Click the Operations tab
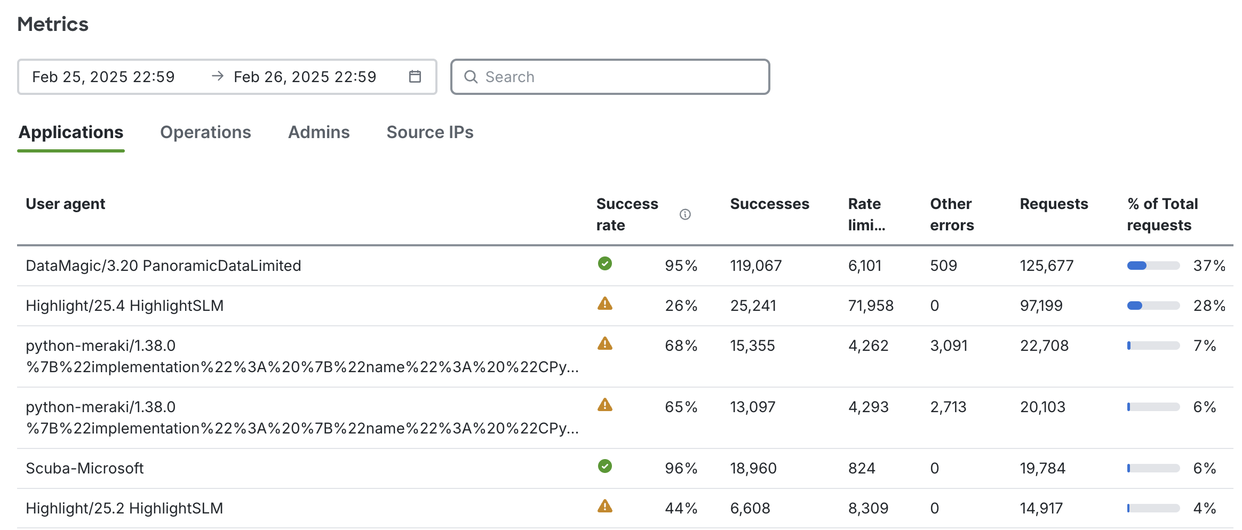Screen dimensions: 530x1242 click(x=205, y=132)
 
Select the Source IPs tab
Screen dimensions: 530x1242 click(x=429, y=132)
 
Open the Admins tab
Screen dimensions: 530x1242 click(x=319, y=132)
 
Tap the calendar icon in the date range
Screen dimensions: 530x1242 click(x=415, y=77)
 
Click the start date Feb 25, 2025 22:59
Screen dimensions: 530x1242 click(x=103, y=77)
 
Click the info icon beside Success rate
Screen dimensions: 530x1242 click(x=685, y=214)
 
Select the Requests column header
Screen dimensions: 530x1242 click(x=1054, y=204)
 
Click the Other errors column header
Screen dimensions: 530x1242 click(x=952, y=214)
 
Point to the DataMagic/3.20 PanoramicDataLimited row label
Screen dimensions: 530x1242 click(x=163, y=266)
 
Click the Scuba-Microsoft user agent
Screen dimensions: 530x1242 click(x=85, y=468)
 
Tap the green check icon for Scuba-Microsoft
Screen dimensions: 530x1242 click(x=604, y=467)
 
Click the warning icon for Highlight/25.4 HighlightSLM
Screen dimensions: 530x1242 click(x=604, y=304)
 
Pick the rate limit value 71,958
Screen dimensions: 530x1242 click(x=871, y=306)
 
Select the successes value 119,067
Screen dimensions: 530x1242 click(x=755, y=266)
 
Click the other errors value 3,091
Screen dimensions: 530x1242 click(x=949, y=346)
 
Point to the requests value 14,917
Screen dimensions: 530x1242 click(x=1041, y=508)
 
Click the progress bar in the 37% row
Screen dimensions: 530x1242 click(x=1153, y=266)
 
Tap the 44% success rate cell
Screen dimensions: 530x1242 click(x=681, y=508)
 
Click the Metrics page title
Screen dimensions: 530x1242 click(x=53, y=24)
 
